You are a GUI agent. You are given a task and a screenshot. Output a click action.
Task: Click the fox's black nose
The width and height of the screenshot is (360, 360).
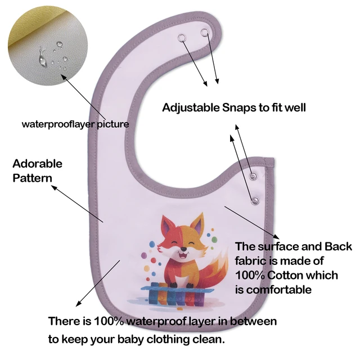[x=183, y=249]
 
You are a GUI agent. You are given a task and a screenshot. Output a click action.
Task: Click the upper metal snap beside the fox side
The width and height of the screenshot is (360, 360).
[x=253, y=176]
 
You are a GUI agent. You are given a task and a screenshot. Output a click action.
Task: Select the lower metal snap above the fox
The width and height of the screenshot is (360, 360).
[x=255, y=201]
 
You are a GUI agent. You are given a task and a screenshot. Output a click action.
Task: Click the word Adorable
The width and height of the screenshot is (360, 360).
[x=38, y=164]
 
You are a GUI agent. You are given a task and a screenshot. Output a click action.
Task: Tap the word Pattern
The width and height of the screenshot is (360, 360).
[x=33, y=178]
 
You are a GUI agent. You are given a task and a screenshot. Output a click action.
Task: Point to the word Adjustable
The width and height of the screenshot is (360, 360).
[x=191, y=107]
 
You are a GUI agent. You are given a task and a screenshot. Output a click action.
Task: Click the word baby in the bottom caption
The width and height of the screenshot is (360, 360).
[x=130, y=339]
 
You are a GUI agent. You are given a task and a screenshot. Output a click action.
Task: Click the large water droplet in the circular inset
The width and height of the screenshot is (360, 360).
[x=43, y=59]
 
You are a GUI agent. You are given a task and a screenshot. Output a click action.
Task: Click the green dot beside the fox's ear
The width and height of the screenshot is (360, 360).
[x=214, y=240]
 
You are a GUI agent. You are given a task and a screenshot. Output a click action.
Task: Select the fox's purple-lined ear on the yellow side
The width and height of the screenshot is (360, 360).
[x=197, y=223]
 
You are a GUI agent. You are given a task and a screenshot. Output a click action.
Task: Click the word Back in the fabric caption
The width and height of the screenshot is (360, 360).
[x=338, y=246]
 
